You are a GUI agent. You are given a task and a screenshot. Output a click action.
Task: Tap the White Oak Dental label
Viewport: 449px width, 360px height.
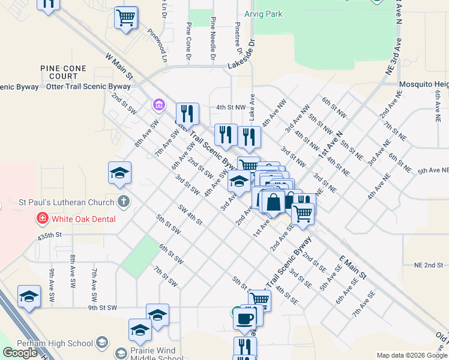tap(83, 219)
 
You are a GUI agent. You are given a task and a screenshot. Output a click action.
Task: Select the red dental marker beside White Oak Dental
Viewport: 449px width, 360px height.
tap(42, 218)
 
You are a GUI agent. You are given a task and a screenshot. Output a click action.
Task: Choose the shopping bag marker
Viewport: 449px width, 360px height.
tap(273, 203)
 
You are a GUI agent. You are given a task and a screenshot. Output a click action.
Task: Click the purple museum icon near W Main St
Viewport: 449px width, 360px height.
tap(158, 106)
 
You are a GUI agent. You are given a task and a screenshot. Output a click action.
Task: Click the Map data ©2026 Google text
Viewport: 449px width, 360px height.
tap(411, 355)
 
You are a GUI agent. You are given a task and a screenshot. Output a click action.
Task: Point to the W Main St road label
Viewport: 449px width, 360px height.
tap(119, 65)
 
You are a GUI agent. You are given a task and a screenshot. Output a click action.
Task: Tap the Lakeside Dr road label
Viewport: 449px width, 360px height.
tap(244, 57)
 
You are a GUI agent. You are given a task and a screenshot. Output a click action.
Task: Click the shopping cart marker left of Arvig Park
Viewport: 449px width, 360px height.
tap(126, 18)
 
